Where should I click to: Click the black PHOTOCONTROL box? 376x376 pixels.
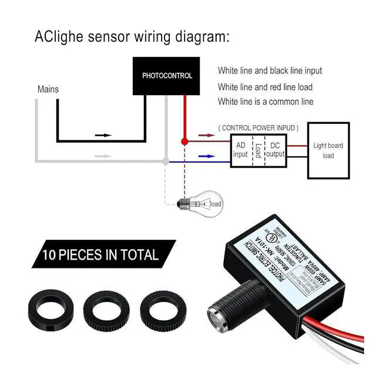click(x=167, y=76)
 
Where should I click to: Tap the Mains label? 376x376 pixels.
click(x=48, y=90)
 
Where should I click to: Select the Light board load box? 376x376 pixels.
click(x=328, y=150)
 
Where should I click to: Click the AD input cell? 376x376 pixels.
click(x=241, y=150)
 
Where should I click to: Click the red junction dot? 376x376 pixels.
click(x=184, y=142)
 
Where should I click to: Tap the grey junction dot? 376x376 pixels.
click(x=166, y=160)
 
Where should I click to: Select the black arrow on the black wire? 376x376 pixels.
click(x=103, y=135)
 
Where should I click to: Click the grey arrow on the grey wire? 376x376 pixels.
click(x=103, y=156)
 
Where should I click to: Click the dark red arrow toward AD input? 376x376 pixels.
click(x=204, y=135)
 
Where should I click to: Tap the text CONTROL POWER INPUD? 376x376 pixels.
click(x=258, y=127)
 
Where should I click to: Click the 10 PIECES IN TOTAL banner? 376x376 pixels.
click(x=100, y=255)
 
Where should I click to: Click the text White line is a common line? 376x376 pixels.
click(x=266, y=102)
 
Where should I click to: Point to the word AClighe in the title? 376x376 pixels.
click(x=59, y=37)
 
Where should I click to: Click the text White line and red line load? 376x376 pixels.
click(x=265, y=87)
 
